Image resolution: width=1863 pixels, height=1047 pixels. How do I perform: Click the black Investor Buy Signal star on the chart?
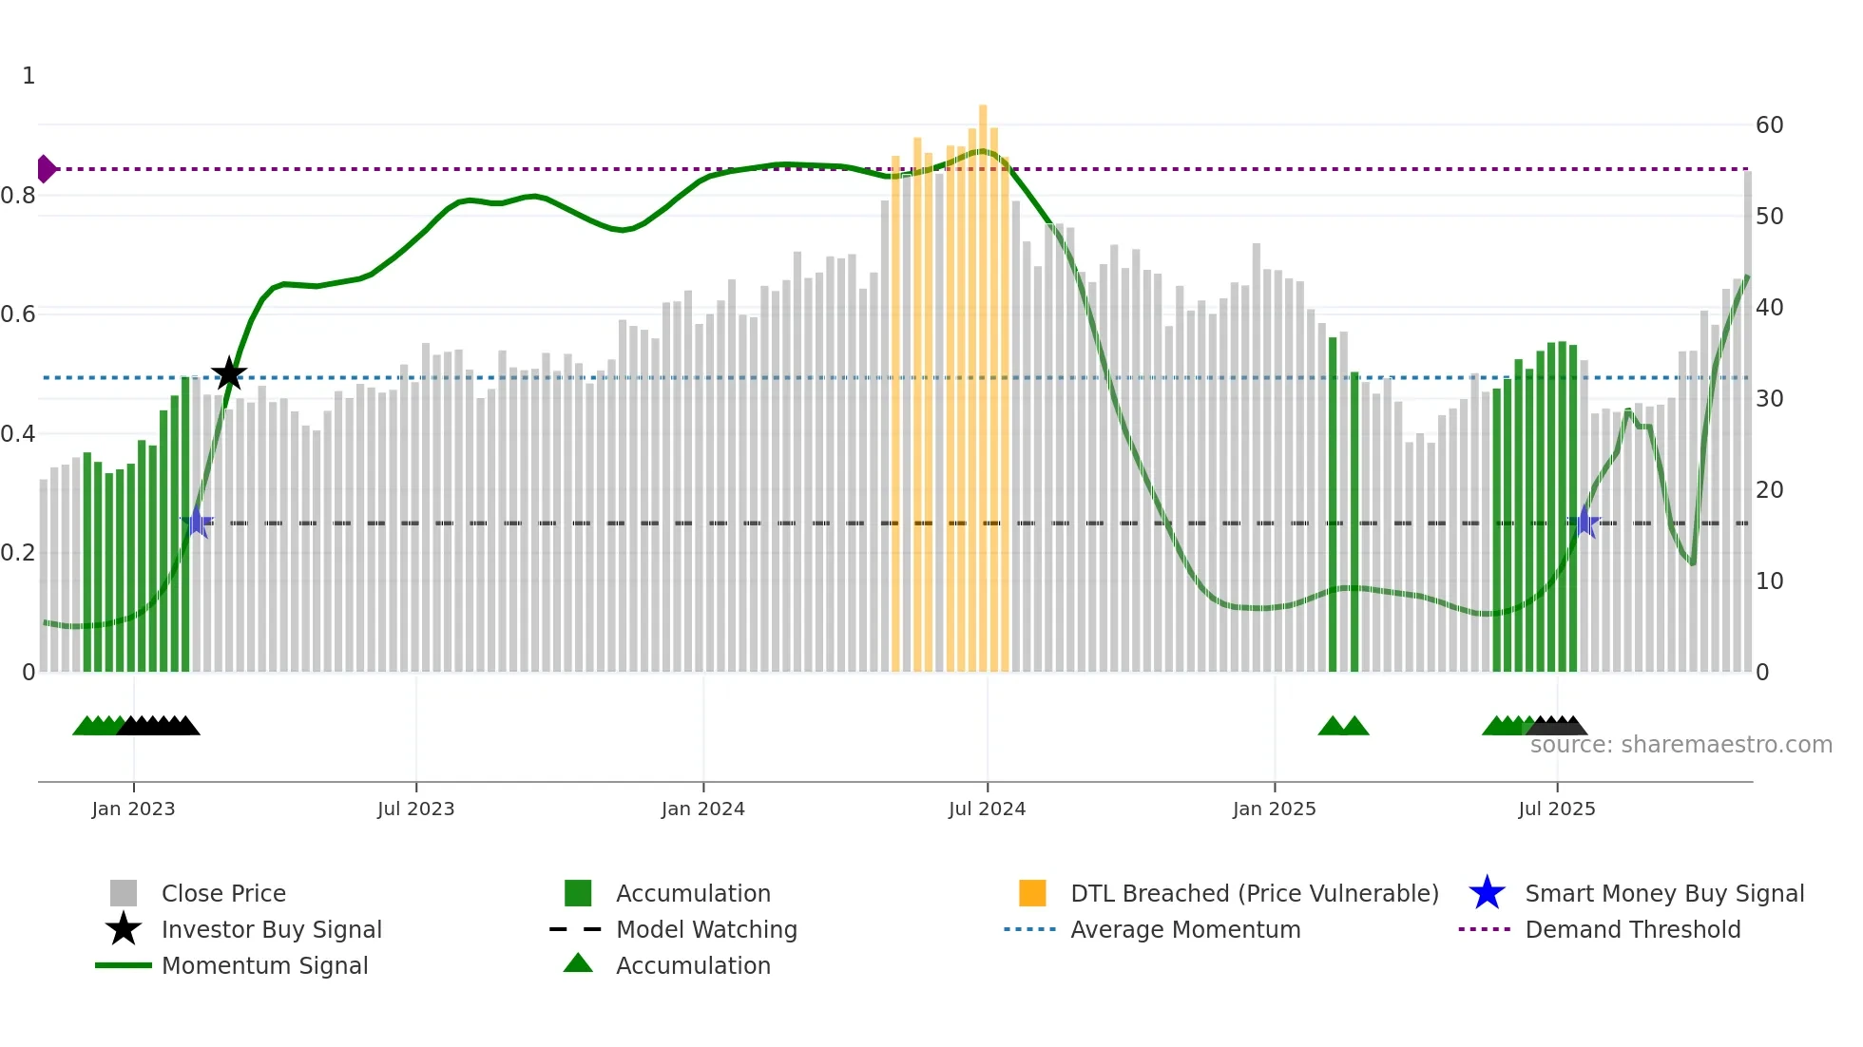click(x=228, y=373)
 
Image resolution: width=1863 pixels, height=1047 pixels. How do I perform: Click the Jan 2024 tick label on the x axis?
click(x=702, y=809)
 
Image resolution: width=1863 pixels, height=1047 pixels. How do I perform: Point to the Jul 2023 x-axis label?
click(x=415, y=809)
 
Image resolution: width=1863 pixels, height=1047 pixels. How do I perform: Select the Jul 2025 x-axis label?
click(x=1556, y=809)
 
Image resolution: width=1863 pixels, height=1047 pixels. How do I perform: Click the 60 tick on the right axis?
click(x=1769, y=125)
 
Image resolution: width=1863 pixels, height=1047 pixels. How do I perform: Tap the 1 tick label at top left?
click(x=29, y=76)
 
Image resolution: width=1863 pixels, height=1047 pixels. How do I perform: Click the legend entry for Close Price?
click(x=222, y=893)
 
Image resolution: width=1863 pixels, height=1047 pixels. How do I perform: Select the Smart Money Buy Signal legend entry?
click(x=1663, y=893)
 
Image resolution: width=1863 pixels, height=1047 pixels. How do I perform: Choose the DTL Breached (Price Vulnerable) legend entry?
click(x=1254, y=893)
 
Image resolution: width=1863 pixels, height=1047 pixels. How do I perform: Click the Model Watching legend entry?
click(x=705, y=929)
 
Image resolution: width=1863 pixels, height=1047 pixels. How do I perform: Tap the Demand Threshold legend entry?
click(x=1632, y=929)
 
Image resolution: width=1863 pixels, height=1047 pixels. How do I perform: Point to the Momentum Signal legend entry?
click(x=264, y=965)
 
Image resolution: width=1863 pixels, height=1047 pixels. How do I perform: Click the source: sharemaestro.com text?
click(x=1681, y=745)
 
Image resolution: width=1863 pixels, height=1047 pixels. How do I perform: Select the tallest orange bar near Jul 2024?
click(x=983, y=380)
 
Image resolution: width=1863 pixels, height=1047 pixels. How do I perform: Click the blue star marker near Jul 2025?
click(x=1584, y=523)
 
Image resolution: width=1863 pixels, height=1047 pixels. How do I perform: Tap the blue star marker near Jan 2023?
click(x=197, y=523)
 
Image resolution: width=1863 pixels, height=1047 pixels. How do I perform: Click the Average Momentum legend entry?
click(x=1184, y=929)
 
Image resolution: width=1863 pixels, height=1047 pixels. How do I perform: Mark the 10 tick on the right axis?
click(x=1769, y=581)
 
